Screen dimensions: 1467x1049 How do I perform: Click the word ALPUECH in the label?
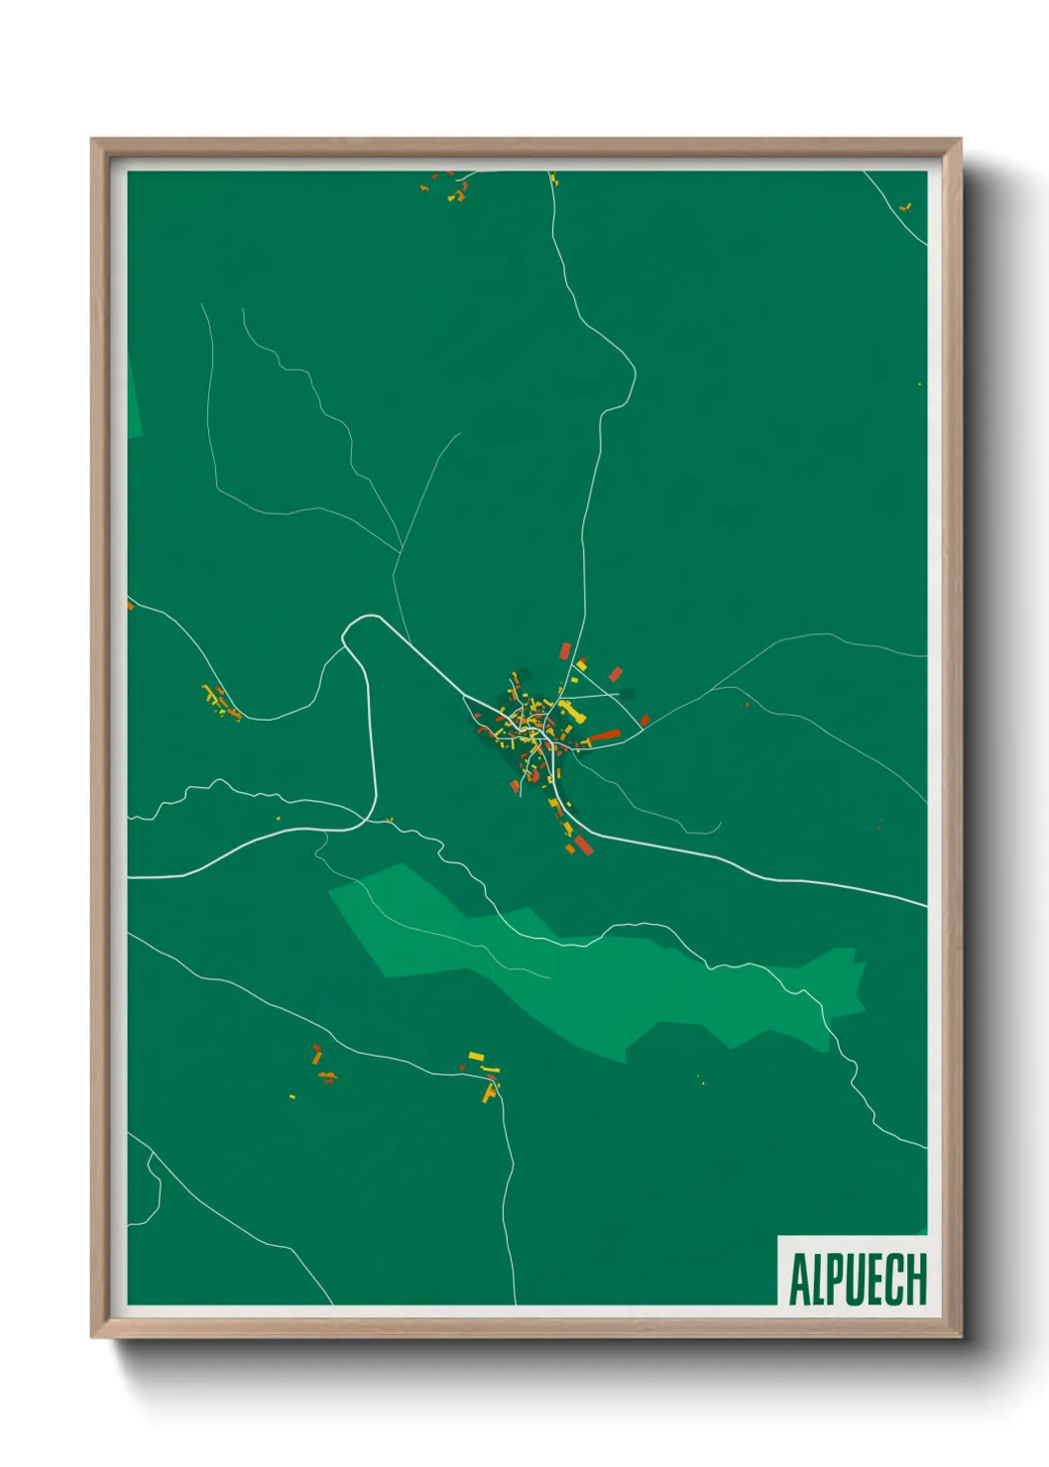point(858,1279)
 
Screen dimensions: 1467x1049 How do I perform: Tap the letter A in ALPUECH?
point(798,1280)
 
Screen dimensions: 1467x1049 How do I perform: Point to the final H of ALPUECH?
point(916,1279)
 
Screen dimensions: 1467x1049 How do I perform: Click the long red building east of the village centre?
point(604,735)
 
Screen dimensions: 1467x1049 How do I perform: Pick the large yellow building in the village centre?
point(565,710)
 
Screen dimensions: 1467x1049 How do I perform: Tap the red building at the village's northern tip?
point(566,650)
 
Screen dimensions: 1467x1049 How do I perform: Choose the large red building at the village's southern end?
point(583,845)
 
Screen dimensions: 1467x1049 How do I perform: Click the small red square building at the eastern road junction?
point(645,721)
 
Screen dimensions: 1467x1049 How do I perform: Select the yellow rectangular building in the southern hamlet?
point(477,1056)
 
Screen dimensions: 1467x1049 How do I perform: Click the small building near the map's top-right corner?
point(904,207)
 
